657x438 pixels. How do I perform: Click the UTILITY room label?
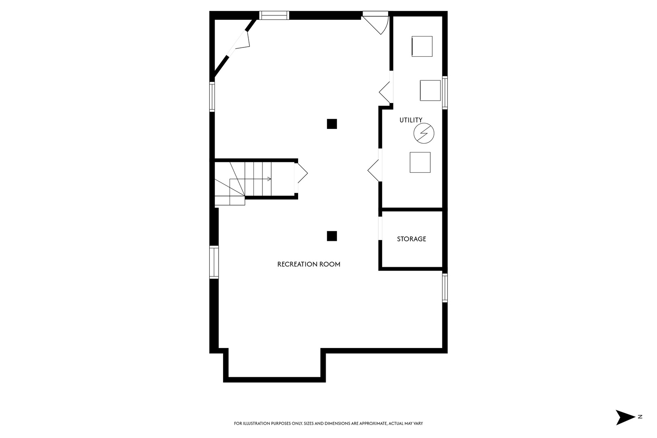[x=411, y=120]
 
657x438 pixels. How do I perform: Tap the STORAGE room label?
[x=411, y=239]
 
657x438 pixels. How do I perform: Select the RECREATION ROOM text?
[x=309, y=264]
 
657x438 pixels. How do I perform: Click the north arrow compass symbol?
[x=624, y=417]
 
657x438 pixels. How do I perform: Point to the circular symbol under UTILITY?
[x=424, y=133]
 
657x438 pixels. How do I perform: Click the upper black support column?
[x=332, y=124]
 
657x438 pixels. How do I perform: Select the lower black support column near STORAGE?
[x=332, y=236]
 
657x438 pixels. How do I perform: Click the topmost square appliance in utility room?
[x=422, y=46]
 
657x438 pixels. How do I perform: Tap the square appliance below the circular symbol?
[x=420, y=162]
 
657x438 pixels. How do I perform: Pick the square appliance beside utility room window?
[x=430, y=90]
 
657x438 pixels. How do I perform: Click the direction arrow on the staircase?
[x=268, y=179]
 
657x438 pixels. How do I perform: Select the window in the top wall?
[x=274, y=15]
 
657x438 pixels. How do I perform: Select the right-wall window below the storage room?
[x=444, y=288]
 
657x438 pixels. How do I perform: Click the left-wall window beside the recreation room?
[x=214, y=262]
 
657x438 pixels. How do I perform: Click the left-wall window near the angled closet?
[x=212, y=97]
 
